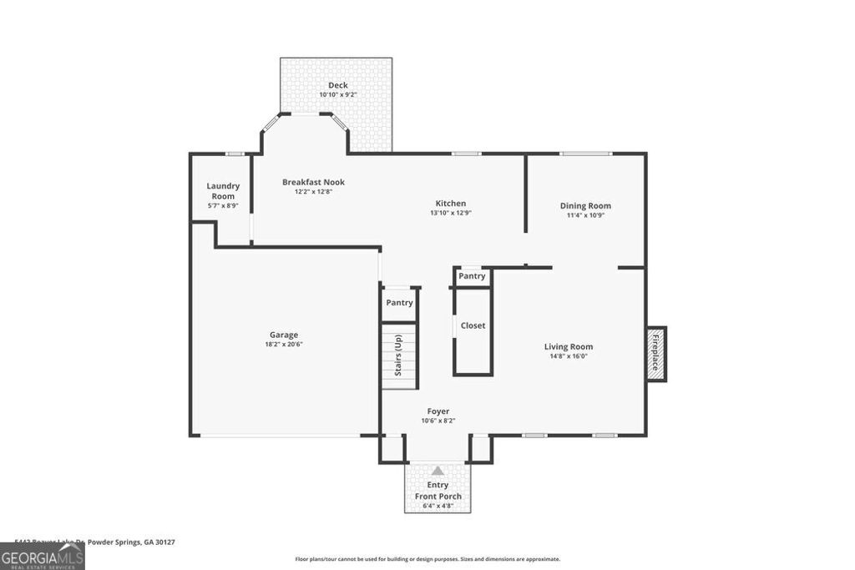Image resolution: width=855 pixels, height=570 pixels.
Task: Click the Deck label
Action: point(337,85)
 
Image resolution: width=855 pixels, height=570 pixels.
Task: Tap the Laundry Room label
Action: point(223,191)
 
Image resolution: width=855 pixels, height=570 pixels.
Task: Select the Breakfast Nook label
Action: point(313,182)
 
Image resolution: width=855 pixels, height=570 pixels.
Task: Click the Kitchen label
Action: point(450,203)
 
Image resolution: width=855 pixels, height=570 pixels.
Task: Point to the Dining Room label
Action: point(584,205)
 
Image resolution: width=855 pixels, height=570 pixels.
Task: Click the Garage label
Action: point(283,335)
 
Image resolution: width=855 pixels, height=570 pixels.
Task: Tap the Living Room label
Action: point(568,346)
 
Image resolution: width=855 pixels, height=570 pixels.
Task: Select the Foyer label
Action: point(438,411)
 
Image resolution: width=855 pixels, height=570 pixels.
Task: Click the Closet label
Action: point(473,325)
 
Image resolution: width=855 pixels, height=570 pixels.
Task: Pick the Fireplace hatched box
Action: point(655,353)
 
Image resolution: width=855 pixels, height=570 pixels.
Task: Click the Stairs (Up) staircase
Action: point(399,356)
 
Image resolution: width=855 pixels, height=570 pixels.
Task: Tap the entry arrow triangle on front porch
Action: point(438,471)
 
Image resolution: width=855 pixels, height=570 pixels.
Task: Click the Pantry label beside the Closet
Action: point(472,276)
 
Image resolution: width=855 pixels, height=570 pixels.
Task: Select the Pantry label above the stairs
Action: point(399,303)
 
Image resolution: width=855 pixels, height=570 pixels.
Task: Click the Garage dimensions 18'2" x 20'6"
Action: point(283,345)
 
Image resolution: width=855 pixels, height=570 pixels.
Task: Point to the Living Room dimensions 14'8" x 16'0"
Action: point(568,356)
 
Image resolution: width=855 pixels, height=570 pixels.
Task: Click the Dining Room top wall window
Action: point(585,154)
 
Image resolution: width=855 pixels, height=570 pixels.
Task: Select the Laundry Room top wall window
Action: point(235,154)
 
